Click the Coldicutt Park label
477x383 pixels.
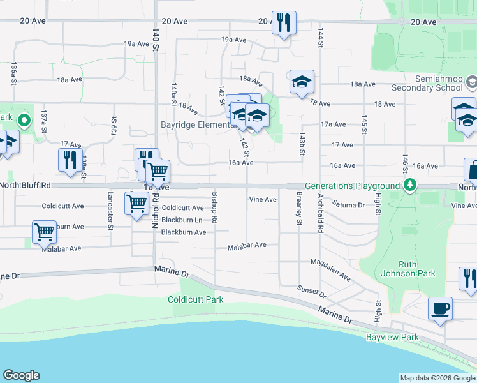point(195,299)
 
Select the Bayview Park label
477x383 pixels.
point(392,337)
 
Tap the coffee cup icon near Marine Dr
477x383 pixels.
point(440,309)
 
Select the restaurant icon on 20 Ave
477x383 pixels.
point(283,23)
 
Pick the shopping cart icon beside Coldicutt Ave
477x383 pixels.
point(137,204)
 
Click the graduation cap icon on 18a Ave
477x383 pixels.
point(302,82)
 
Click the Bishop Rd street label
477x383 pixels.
point(215,207)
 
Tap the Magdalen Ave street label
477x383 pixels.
point(330,269)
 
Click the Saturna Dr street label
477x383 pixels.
point(348,205)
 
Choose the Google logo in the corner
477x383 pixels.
point(21,375)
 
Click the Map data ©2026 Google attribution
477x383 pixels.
point(437,378)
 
